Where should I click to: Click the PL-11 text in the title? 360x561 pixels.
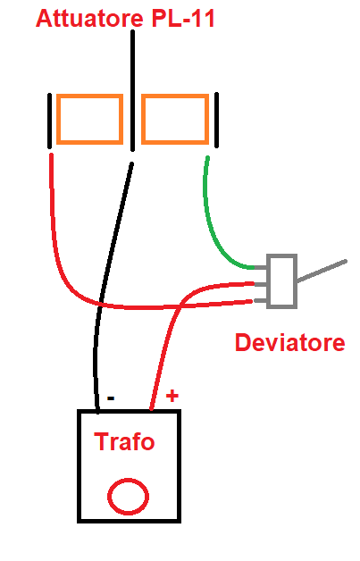click(x=183, y=18)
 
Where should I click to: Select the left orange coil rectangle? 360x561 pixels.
click(x=90, y=96)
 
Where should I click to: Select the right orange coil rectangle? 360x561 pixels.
click(x=175, y=96)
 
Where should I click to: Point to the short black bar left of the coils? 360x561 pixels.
click(x=49, y=121)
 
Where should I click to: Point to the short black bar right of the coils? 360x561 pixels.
click(x=216, y=120)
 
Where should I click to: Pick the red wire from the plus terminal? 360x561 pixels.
click(x=174, y=314)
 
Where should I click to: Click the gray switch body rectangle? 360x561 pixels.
click(x=281, y=255)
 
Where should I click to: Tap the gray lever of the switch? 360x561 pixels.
click(x=322, y=272)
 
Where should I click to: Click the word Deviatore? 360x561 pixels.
click(x=289, y=342)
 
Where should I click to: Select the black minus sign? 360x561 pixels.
click(x=111, y=398)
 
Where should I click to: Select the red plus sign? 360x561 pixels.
click(x=172, y=396)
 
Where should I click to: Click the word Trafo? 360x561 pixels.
click(x=124, y=441)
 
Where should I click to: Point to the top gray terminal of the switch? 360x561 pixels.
click(x=261, y=267)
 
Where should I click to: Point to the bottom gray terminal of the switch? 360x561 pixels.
click(x=261, y=301)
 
